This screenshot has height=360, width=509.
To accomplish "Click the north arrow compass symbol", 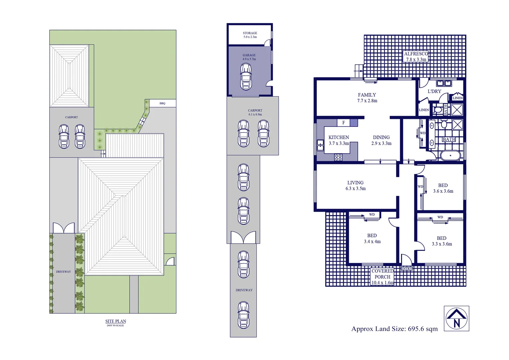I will [x=456, y=318].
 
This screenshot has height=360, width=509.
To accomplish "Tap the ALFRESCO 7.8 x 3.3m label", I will [x=416, y=57].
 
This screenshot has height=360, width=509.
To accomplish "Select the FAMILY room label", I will [x=367, y=98].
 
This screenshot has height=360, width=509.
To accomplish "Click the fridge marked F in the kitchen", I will [x=343, y=123].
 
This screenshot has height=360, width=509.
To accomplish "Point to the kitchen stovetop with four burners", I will [x=338, y=157].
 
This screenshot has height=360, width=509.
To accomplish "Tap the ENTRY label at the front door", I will [x=406, y=269].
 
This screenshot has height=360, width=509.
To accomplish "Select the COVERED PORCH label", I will [x=382, y=277].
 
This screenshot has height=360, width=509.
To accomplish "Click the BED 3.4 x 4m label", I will [x=372, y=238].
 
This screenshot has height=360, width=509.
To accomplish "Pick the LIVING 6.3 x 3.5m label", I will [x=355, y=186].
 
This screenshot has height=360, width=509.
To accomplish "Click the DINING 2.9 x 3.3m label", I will [x=381, y=140].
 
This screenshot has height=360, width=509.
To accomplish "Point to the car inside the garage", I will [x=246, y=77].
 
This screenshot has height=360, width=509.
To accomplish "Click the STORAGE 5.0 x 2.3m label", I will [x=250, y=35].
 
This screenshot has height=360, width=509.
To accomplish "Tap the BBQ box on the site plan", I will [x=162, y=103].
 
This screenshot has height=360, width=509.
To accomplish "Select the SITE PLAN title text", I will [x=116, y=322].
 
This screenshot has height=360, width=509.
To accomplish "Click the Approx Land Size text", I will [x=394, y=329].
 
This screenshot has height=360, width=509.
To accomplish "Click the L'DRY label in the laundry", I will [x=434, y=91].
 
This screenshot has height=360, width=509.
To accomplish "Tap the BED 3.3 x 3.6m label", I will [x=442, y=241].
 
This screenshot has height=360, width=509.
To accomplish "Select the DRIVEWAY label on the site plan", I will [x=63, y=272].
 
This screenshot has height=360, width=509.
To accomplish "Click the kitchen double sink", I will [x=320, y=145].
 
